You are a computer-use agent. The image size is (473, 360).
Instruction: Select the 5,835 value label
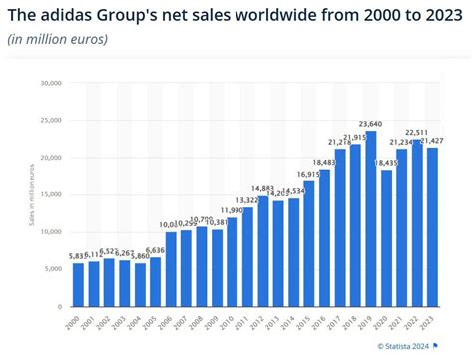[78, 257]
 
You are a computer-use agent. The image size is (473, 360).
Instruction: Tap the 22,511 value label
[418, 133]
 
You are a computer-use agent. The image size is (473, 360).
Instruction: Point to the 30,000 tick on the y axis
[51, 83]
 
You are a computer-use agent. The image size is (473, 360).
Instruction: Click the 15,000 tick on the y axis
[51, 195]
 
